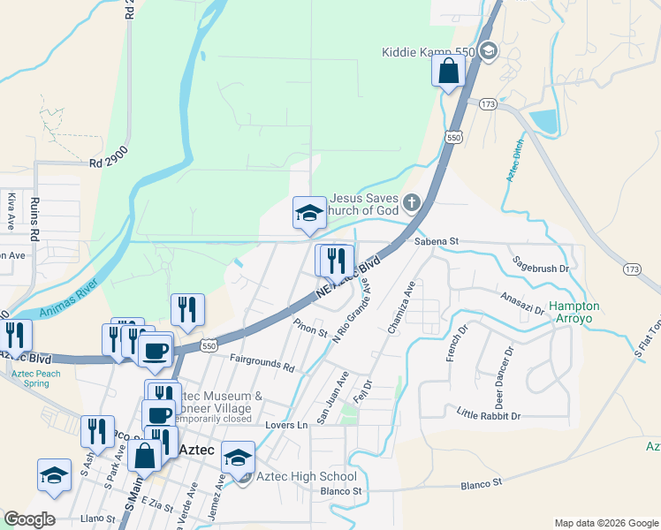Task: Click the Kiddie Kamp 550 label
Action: coord(429,52)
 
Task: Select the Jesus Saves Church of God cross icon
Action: coord(411,204)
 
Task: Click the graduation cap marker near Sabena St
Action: coord(308,213)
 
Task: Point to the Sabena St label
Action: coord(437,241)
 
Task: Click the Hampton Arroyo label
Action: coord(574,313)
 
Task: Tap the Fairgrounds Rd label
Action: coord(262,363)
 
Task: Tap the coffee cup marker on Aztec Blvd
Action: coord(156,352)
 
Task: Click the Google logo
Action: coord(29,519)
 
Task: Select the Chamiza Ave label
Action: coord(400,307)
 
